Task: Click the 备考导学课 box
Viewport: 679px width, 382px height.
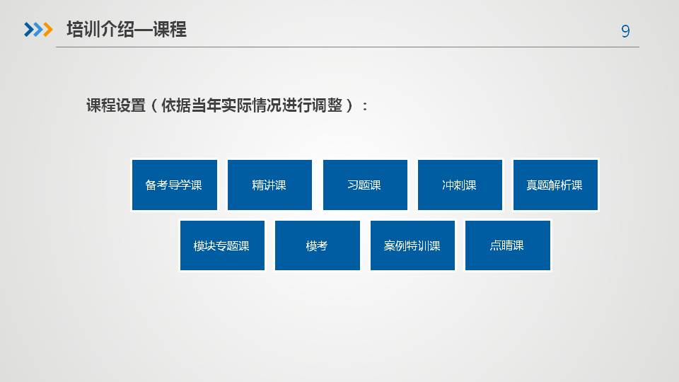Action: coord(175,185)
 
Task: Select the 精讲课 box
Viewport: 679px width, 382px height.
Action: coord(269,185)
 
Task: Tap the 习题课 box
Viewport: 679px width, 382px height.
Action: coord(365,185)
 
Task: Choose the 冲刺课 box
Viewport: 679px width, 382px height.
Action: coord(460,185)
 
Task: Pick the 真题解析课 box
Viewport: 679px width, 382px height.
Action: coord(555,185)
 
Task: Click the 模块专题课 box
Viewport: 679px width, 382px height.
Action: coord(222,245)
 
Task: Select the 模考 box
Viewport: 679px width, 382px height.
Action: coord(318,245)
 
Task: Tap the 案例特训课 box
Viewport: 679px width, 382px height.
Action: coord(412,245)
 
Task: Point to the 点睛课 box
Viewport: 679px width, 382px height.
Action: coord(508,245)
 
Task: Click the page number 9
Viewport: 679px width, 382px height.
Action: coord(625,31)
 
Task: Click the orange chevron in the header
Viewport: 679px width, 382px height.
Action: coord(48,30)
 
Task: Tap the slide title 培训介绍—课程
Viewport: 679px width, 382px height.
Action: coord(127,30)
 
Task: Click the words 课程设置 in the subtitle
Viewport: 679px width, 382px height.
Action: coord(116,105)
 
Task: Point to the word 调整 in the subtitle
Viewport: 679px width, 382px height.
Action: coord(327,105)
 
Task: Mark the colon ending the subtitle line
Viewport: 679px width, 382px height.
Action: coord(366,107)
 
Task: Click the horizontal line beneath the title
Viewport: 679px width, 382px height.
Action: coord(348,47)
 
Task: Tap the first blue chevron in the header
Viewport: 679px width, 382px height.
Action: coord(28,30)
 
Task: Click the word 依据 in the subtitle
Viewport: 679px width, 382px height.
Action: coord(176,105)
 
